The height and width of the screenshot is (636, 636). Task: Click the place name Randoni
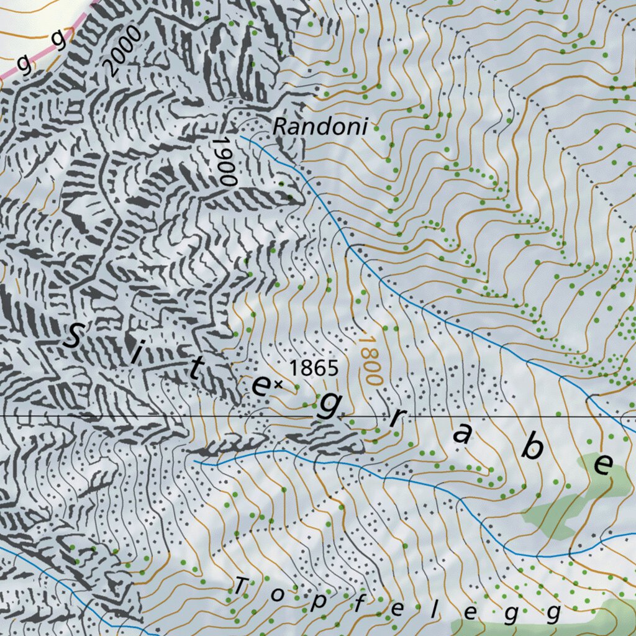coord(320,127)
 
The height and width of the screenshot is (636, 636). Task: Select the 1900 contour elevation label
coord(224,161)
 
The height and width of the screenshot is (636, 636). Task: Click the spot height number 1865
coord(314,368)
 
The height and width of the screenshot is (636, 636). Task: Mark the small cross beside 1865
coord(278,385)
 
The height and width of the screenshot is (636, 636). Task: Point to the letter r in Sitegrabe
coord(396,419)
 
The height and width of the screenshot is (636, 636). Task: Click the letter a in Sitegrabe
coord(462,435)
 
